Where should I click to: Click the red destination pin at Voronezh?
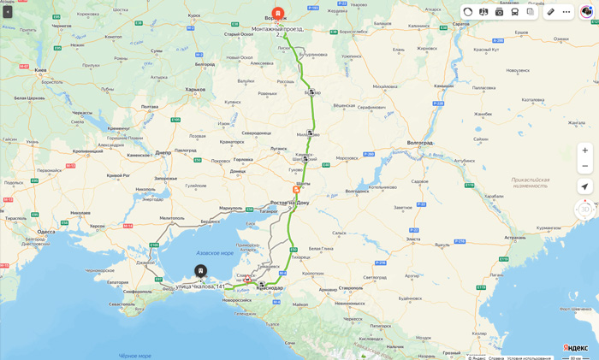(278, 15)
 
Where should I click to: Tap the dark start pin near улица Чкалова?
(200, 271)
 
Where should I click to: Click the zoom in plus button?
(584, 150)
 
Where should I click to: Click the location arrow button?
(584, 186)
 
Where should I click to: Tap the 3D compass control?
(584, 209)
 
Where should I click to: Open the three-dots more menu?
(566, 12)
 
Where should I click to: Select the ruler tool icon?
(551, 12)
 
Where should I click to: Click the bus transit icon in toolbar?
(515, 12)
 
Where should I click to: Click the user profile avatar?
(587, 12)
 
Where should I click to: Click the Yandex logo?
(575, 348)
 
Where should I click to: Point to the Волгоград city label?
(419, 143)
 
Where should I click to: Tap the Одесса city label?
(46, 231)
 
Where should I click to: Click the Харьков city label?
(195, 89)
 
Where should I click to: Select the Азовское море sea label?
(215, 253)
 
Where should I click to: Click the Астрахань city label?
(515, 237)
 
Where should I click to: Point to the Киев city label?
(40, 70)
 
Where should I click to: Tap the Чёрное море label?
(135, 355)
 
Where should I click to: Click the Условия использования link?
(530, 358)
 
